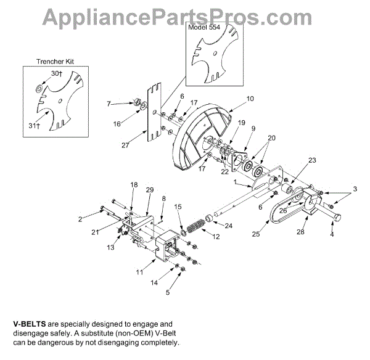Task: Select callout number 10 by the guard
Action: coord(250,98)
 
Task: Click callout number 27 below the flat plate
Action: coord(144,146)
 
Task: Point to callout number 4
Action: coord(332,234)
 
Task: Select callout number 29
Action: coord(149,190)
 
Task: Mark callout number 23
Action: coord(312,160)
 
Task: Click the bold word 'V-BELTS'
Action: coord(31,324)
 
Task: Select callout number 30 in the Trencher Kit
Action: coord(56,73)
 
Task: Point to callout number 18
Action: coord(134,184)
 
